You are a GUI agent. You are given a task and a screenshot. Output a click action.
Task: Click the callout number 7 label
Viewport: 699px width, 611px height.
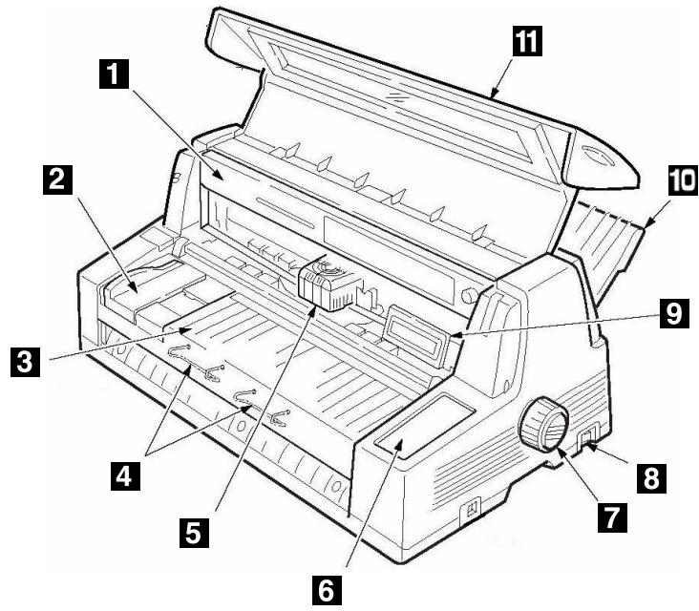pyautogui.click(x=612, y=516)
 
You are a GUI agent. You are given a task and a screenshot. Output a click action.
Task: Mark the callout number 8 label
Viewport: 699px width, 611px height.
pyautogui.click(x=649, y=474)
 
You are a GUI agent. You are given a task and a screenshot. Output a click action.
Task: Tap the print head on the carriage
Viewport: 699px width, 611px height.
pyautogui.click(x=327, y=284)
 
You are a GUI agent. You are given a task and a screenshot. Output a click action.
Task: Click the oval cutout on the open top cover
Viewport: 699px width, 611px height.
pyautogui.click(x=598, y=157)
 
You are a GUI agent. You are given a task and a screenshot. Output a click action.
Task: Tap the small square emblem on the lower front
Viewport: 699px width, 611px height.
pyautogui.click(x=468, y=511)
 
